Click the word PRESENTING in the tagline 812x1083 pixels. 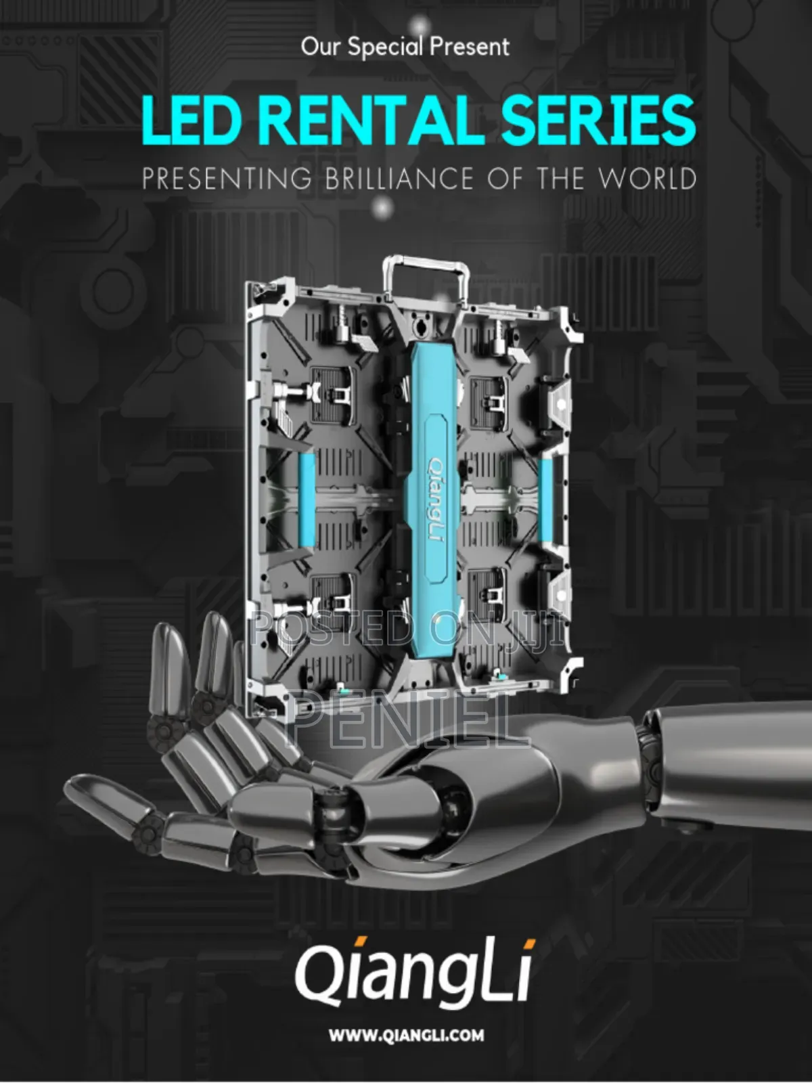(x=227, y=179)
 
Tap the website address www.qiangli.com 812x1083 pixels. (x=406, y=1035)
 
